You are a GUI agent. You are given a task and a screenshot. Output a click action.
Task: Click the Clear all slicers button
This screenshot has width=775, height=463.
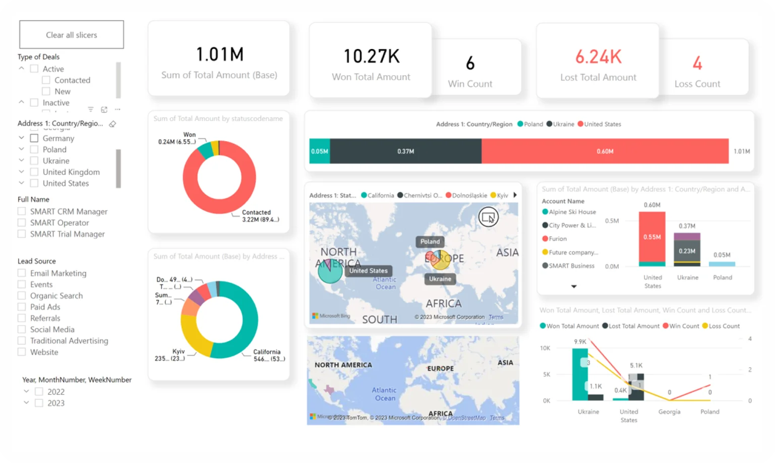point(72,35)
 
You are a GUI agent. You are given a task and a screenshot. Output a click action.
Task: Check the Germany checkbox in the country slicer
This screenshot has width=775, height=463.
point(34,138)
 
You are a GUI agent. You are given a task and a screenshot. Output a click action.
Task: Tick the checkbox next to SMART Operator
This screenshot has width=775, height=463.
point(22,222)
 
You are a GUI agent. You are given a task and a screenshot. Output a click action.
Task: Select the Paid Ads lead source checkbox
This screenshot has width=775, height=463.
point(22,307)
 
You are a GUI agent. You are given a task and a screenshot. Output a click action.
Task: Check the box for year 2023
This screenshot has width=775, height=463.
point(39,403)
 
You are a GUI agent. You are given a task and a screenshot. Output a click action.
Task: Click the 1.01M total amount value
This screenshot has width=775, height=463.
point(219,54)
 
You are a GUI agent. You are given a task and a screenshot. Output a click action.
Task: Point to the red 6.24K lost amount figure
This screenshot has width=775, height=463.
point(598,57)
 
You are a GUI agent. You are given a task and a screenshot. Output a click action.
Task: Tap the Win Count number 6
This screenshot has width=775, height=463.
point(470,64)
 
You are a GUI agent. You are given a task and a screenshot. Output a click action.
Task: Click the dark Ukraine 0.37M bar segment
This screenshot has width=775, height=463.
point(405,151)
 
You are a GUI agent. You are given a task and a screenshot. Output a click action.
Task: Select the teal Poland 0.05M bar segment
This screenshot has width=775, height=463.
point(319,151)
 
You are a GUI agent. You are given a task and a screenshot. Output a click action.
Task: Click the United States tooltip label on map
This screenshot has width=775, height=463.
point(368,271)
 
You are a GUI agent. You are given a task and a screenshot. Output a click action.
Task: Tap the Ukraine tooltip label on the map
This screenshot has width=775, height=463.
point(440,279)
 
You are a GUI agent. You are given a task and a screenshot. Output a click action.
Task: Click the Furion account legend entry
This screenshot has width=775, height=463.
point(557,239)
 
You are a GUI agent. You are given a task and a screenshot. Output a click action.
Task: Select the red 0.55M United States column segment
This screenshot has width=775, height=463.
point(652,237)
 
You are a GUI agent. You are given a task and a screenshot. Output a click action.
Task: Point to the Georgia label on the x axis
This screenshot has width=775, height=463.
point(669,412)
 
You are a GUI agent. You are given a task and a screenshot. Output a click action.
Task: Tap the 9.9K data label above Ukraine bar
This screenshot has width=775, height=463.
point(580,341)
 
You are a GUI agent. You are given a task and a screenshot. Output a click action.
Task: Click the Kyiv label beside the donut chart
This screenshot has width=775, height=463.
point(178,352)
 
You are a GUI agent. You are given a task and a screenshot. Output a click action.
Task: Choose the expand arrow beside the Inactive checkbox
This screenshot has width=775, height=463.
point(21,102)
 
